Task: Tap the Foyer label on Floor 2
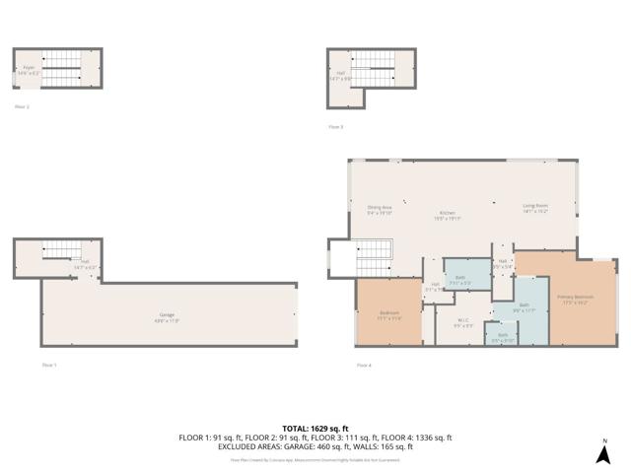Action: click(x=29, y=68)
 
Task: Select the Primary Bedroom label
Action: click(x=575, y=297)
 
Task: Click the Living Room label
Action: click(x=535, y=207)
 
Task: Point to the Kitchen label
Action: click(x=448, y=214)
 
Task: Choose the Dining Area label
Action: click(x=380, y=208)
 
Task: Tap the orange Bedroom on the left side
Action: click(x=389, y=314)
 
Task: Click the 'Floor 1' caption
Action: click(x=49, y=365)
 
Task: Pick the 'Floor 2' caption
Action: click(x=22, y=105)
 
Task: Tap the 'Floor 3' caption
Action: click(x=336, y=126)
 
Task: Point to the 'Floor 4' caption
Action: click(x=364, y=365)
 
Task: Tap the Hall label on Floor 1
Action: click(x=85, y=263)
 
